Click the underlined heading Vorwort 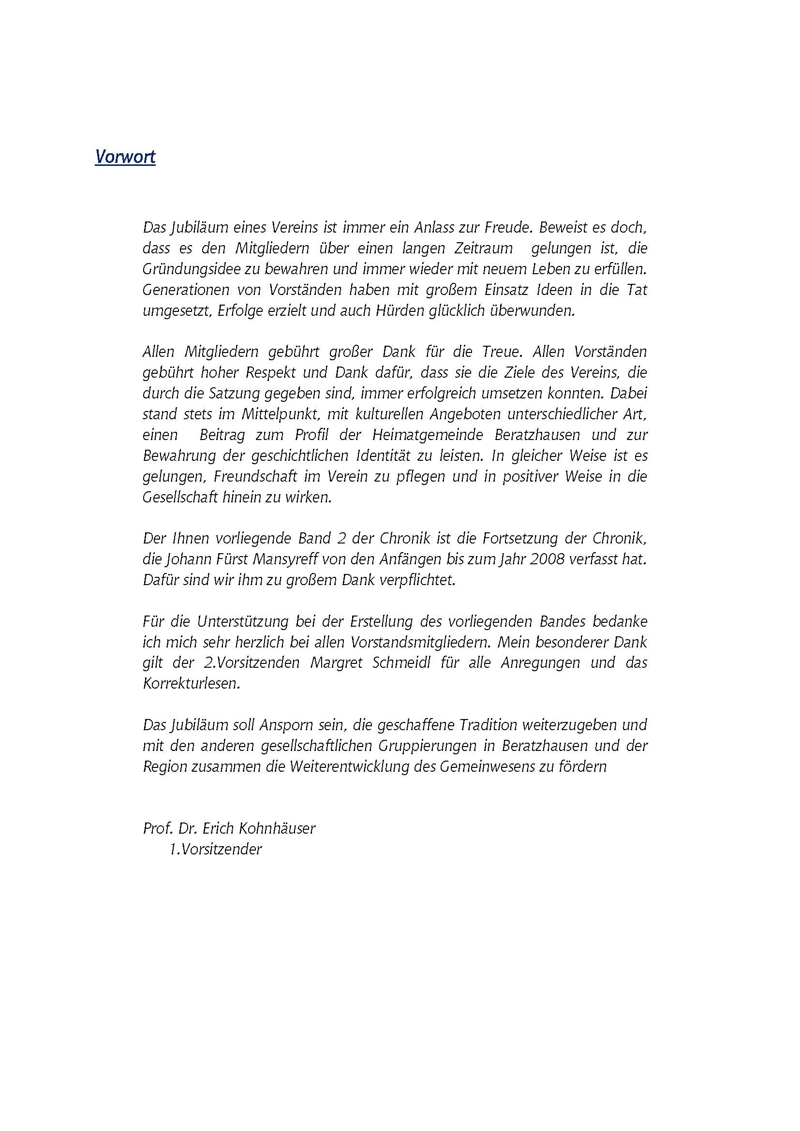coord(125,157)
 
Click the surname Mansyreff coord(323,560)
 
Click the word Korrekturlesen coord(192,684)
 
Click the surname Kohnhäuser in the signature coord(276,829)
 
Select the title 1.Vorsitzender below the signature coord(215,850)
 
